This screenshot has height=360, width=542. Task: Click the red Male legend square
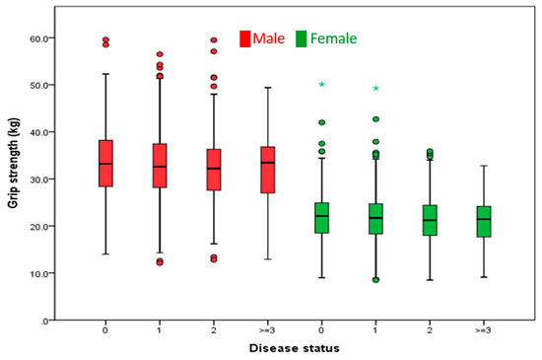tap(244, 38)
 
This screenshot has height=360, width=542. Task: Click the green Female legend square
tap(302, 38)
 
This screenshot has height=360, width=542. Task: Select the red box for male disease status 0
tap(106, 163)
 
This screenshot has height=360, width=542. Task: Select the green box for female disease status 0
tap(321, 218)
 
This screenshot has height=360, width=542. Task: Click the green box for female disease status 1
tap(375, 218)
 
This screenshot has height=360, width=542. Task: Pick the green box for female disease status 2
tap(429, 220)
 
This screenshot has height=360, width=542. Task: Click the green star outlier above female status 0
tap(321, 85)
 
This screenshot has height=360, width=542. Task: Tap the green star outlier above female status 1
tap(375, 89)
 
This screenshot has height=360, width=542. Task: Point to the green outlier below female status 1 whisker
tap(375, 279)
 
